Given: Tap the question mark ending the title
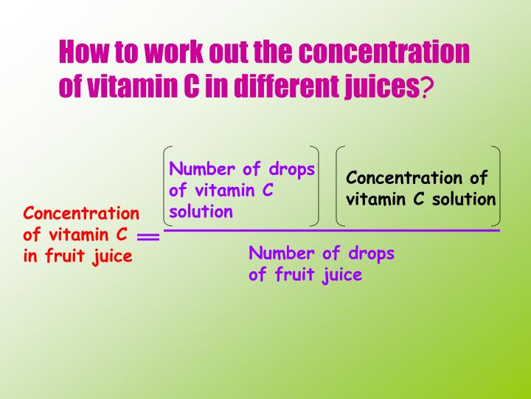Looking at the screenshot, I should coord(427,88).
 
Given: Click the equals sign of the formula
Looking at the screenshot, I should coord(148,237).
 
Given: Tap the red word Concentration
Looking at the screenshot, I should coord(81,214).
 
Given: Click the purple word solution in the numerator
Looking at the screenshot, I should coord(201,212).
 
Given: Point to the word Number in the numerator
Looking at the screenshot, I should coord(201,169).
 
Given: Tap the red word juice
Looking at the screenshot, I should coord(112,256).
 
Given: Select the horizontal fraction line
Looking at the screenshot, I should coord(332,231).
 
